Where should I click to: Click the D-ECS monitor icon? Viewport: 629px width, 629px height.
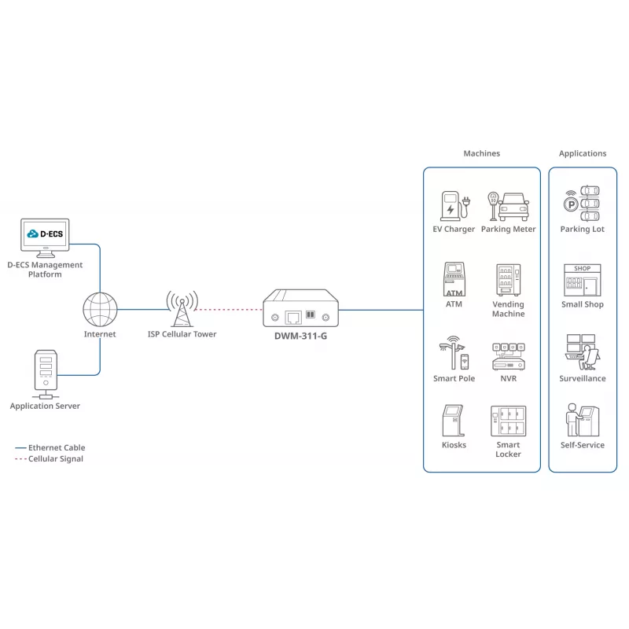tap(45, 238)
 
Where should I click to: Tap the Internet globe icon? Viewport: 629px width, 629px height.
tap(100, 309)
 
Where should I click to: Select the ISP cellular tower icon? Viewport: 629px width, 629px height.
tap(182, 308)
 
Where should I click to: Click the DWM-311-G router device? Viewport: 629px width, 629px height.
tap(300, 307)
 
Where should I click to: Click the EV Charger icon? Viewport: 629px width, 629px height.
tap(455, 206)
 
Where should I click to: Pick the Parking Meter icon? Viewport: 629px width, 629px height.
tap(508, 206)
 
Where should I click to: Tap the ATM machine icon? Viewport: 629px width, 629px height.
tap(454, 279)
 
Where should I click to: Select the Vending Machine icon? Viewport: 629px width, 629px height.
tap(508, 280)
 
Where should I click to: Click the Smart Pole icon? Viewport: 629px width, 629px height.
tap(454, 352)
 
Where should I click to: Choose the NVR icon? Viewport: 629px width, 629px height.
tap(508, 356)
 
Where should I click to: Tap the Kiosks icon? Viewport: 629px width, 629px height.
tap(454, 421)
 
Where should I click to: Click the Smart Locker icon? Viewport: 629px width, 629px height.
tap(508, 421)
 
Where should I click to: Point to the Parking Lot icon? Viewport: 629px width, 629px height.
tap(582, 204)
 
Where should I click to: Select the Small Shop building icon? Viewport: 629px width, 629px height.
tap(582, 280)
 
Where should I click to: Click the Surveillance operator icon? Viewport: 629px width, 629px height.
tap(582, 352)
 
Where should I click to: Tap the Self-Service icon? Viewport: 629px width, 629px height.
tap(583, 420)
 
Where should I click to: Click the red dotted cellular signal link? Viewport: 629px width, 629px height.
tap(228, 309)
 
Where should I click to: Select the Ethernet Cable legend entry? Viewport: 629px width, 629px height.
tap(50, 447)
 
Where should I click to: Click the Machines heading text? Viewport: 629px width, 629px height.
tap(481, 153)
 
